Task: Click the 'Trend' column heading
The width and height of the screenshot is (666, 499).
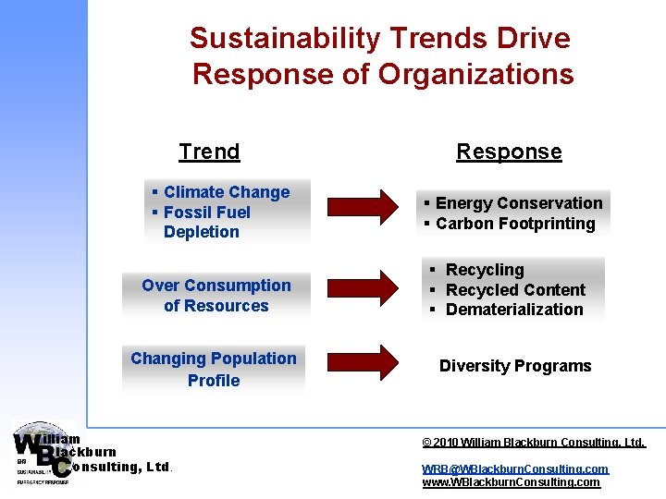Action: [x=209, y=152]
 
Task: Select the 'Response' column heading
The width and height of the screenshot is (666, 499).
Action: [x=509, y=152]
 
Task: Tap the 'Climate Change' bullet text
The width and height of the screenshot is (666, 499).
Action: [x=226, y=192]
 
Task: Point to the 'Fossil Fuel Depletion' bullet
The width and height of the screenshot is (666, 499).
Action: [x=206, y=222]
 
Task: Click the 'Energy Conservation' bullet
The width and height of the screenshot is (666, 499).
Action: [x=518, y=203]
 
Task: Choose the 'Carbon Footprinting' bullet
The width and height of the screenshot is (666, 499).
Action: [x=514, y=224]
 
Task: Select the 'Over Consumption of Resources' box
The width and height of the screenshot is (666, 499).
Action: [x=216, y=296]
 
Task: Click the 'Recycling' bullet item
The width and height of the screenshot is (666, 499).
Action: [x=484, y=270]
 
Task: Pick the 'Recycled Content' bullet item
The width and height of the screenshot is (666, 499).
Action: [x=514, y=290]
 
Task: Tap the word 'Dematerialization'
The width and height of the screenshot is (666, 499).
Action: [x=514, y=310]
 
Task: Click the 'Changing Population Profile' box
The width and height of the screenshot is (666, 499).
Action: [x=214, y=369]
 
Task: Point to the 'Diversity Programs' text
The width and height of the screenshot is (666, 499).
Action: [x=515, y=366]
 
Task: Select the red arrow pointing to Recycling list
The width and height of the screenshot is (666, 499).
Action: [x=364, y=288]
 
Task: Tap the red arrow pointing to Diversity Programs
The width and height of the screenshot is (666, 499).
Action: [x=364, y=363]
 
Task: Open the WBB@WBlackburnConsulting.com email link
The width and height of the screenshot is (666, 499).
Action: [x=515, y=469]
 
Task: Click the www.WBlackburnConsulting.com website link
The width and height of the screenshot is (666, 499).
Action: [x=511, y=482]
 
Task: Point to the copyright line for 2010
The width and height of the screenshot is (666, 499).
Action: [x=534, y=443]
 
